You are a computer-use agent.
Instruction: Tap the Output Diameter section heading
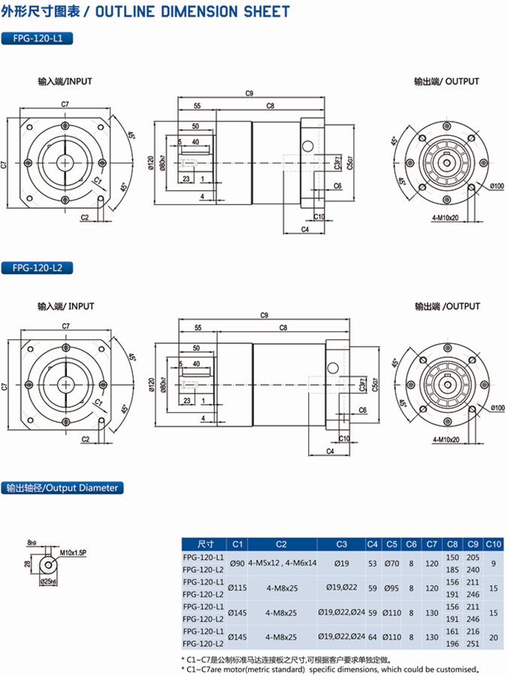(x=62, y=487)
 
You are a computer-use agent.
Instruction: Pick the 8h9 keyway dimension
(x=32, y=542)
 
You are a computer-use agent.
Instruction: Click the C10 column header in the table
(x=493, y=544)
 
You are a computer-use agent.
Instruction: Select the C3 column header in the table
(x=341, y=544)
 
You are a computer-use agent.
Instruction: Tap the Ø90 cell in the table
(x=237, y=563)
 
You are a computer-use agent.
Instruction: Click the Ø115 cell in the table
(x=237, y=587)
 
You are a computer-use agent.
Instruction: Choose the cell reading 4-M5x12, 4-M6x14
(x=282, y=563)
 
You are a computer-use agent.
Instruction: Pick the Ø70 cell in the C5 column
(x=392, y=563)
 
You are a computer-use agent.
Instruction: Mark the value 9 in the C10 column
(x=493, y=563)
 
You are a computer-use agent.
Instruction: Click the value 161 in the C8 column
(x=452, y=632)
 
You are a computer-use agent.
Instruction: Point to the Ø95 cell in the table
(x=392, y=587)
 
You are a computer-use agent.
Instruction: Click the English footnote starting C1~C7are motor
(x=334, y=668)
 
